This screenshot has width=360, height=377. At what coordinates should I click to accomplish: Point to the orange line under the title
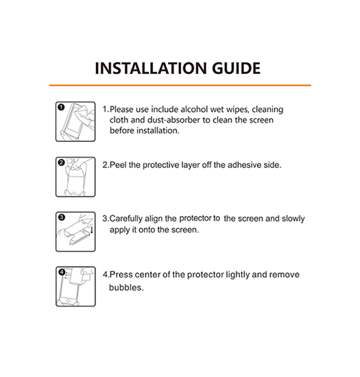pos(180,85)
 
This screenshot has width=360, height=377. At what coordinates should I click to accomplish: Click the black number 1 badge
pos(61,107)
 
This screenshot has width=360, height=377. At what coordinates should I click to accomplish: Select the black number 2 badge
pos(61,162)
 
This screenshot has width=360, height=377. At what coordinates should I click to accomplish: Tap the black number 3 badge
pos(62,217)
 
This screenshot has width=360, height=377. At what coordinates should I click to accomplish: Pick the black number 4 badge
pos(62,272)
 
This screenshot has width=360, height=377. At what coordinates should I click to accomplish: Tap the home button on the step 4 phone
pos(68,300)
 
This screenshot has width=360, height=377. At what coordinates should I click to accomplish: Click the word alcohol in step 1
pos(194,110)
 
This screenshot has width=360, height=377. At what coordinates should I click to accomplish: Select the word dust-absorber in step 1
pos(173,120)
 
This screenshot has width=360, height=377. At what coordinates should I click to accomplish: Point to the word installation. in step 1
pos(158,130)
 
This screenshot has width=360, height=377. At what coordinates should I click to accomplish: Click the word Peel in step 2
pos(118,165)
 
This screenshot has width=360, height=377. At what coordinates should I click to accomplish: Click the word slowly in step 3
pos(293,219)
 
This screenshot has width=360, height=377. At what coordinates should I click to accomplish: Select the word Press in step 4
pos(121,275)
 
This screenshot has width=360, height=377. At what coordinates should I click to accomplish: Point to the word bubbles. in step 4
pos(126,288)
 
